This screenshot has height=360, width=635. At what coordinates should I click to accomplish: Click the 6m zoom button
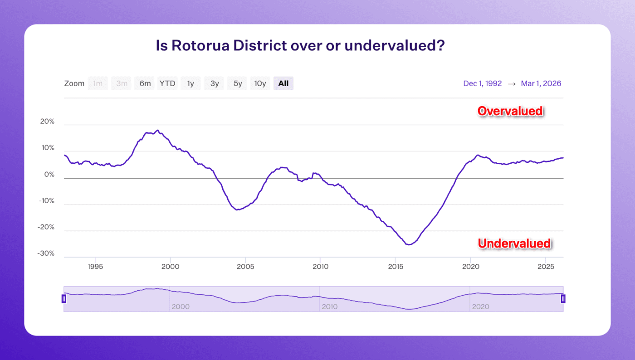(x=145, y=83)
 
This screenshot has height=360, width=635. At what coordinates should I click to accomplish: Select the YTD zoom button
(x=167, y=83)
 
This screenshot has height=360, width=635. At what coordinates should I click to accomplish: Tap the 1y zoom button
(x=190, y=83)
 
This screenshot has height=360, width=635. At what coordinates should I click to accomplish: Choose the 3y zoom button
(x=214, y=83)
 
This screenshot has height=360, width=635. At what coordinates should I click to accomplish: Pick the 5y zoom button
(x=238, y=83)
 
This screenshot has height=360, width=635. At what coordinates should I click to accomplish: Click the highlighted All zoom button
(x=283, y=83)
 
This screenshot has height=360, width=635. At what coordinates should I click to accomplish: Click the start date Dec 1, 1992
(x=482, y=83)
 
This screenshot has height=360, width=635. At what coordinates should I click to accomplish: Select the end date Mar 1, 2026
(x=541, y=83)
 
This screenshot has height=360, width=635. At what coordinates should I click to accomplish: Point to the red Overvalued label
(x=510, y=111)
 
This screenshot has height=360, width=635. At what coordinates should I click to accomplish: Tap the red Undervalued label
(x=514, y=243)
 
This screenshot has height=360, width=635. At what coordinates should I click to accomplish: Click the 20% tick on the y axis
(x=47, y=122)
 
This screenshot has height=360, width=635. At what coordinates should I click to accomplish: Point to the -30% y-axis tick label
(x=46, y=253)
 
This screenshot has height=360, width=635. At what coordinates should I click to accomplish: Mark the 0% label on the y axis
(x=49, y=175)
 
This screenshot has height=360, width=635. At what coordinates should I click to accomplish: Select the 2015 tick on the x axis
(x=396, y=267)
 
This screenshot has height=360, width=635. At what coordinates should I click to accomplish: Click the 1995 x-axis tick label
(x=95, y=267)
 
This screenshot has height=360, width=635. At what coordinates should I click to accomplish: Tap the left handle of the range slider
(x=64, y=299)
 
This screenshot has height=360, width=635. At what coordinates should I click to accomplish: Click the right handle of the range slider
(x=563, y=299)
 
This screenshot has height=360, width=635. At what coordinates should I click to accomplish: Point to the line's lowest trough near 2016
(x=409, y=245)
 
